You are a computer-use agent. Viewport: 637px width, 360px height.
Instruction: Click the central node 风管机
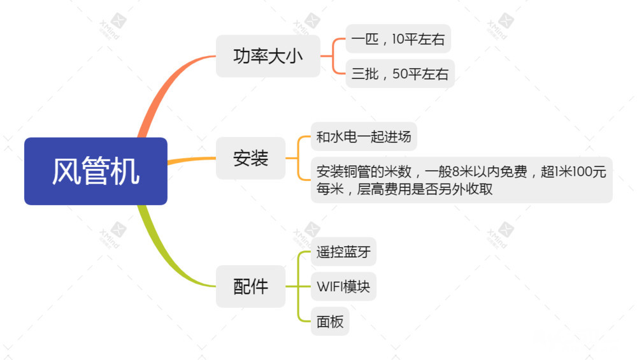[x=96, y=171]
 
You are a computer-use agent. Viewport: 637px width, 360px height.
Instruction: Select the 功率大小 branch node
[x=268, y=56]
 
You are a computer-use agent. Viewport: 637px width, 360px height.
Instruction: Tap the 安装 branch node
[x=250, y=158]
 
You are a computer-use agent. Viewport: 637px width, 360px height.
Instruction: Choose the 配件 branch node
[x=250, y=287]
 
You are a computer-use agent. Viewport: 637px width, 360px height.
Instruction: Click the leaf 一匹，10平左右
[x=398, y=40]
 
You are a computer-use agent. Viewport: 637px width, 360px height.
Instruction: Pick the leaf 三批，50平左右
[x=400, y=74]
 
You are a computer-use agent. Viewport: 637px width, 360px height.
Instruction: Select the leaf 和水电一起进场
[x=364, y=136]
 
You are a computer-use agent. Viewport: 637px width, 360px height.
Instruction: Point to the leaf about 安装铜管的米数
[x=461, y=180]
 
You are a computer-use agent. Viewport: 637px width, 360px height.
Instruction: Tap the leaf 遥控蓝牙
[x=343, y=252]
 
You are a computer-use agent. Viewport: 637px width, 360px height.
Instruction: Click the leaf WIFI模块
[x=343, y=287]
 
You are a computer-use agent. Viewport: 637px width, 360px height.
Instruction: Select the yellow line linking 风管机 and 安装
[x=191, y=160]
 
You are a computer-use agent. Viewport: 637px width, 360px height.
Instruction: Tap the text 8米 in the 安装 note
[x=462, y=171]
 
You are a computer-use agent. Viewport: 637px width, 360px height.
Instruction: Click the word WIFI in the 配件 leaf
[x=329, y=287]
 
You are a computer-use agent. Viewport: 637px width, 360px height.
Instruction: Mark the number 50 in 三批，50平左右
[x=400, y=74]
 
